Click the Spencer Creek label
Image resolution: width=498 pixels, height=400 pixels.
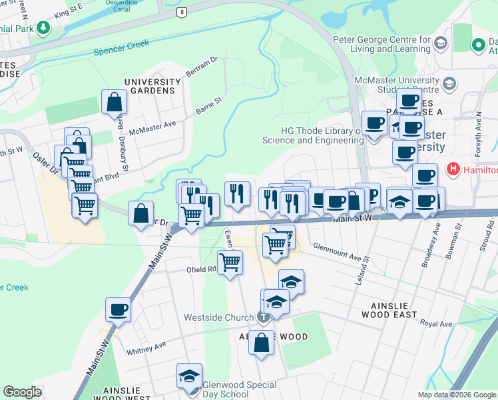(121, 47)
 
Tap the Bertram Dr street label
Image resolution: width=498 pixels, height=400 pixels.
(202, 67)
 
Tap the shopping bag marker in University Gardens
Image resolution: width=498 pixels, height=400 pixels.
(115, 103)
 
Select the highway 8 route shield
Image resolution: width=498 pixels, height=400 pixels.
(181, 13)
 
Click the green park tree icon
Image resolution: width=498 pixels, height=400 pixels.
(43, 27)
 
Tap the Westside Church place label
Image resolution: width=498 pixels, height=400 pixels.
(221, 317)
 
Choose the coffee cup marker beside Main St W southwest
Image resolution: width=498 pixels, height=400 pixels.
(119, 309)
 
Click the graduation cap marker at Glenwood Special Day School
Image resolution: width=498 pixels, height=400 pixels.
(190, 375)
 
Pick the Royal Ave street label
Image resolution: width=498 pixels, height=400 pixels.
(436, 324)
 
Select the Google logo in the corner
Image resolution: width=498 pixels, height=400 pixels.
(22, 392)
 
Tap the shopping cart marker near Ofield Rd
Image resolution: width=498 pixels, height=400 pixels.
(230, 261)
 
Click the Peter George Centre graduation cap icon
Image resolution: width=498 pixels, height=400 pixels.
(441, 44)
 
